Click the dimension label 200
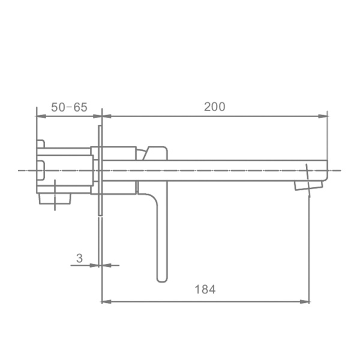(215, 107)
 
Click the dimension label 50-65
(69, 107)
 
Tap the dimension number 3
(79, 258)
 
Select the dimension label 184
(205, 289)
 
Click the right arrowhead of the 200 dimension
(323, 116)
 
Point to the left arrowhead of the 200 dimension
(107, 116)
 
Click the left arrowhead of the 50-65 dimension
(41, 116)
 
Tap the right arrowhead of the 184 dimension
(304, 301)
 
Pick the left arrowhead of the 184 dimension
(107, 301)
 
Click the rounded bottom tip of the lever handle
(162, 280)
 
